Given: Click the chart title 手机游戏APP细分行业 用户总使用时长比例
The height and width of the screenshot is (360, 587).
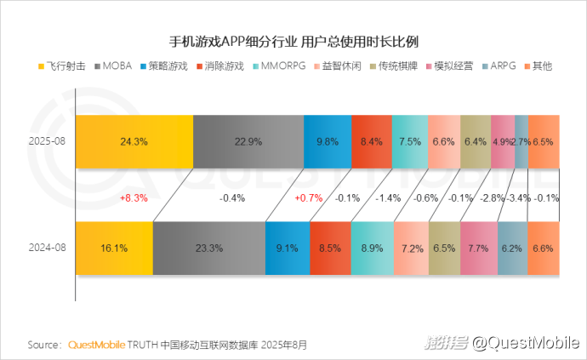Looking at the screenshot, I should tap(293, 41).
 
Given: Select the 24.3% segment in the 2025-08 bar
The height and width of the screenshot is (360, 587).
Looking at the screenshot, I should tap(134, 141).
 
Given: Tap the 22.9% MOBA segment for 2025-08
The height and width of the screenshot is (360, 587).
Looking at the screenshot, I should tap(248, 141).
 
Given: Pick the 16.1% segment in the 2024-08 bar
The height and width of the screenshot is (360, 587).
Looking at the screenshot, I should tap(114, 249).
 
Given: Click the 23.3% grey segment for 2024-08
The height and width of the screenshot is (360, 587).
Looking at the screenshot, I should tap(209, 249).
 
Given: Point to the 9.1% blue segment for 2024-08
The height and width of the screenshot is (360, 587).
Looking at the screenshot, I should tap(288, 249).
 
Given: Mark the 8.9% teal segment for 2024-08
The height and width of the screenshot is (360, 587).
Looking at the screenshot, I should tap(373, 249).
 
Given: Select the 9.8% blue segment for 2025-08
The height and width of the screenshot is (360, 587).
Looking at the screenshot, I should tap(328, 141).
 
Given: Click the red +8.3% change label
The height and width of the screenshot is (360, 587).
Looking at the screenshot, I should tap(134, 197).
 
